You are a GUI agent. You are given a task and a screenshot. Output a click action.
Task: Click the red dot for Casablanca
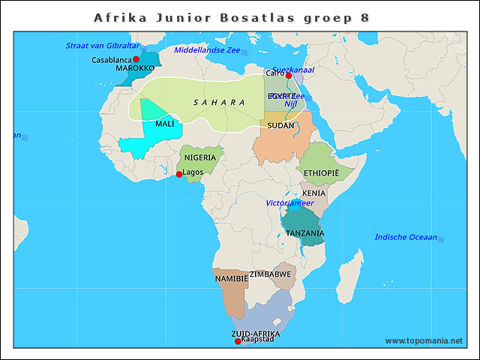coord(136,59)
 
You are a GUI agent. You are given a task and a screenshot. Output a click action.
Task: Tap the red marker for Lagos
coord(178,174)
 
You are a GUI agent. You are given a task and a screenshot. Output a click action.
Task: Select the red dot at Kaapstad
coord(238,341)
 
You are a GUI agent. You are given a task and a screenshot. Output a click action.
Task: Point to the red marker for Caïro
coord(289,75)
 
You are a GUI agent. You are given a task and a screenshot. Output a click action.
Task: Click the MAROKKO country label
coord(135,68)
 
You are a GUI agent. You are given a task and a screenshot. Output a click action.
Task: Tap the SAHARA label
coord(219,103)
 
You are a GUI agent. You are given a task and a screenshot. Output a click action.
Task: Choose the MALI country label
coord(165,124)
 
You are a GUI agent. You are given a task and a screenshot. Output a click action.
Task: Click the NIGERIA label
coord(200,157)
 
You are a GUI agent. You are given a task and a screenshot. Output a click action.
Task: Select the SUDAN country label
coord(280,125)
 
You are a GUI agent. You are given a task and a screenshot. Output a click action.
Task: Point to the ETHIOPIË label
coord(322,172)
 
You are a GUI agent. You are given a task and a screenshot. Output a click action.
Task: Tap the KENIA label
coord(313,193)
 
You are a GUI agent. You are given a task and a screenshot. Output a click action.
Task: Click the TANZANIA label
coord(304,233)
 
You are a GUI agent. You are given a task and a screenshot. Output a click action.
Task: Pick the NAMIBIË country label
coord(231,278)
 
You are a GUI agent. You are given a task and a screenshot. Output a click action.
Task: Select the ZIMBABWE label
coord(270,274)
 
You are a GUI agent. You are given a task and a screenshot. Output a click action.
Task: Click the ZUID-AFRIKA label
coord(256,333)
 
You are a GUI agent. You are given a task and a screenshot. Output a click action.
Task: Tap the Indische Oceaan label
coord(406,237)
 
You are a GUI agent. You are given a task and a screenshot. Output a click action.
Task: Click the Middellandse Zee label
coord(206,50)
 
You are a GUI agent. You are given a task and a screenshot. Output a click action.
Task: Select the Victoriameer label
coord(290,203)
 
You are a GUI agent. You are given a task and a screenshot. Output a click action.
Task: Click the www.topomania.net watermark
coord(424,340)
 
